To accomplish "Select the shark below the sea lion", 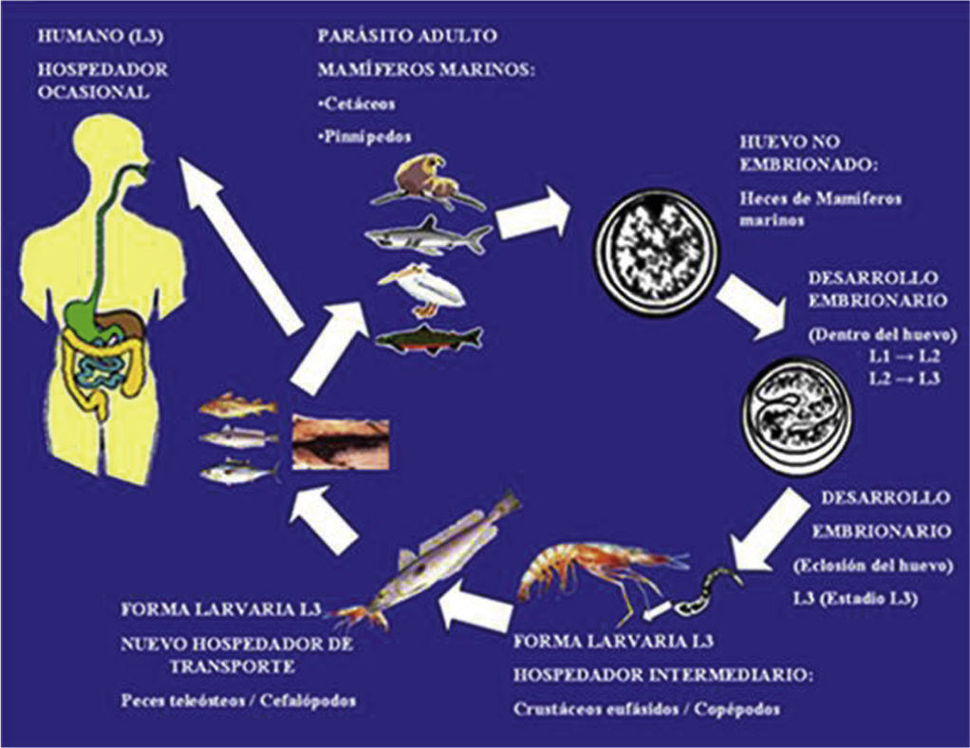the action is pyautogui.click(x=428, y=235).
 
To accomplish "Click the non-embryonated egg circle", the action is pyautogui.click(x=657, y=250).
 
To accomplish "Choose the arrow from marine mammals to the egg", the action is pyautogui.click(x=533, y=212).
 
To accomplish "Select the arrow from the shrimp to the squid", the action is pyautogui.click(x=475, y=604).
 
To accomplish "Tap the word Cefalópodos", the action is pyautogui.click(x=308, y=701).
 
